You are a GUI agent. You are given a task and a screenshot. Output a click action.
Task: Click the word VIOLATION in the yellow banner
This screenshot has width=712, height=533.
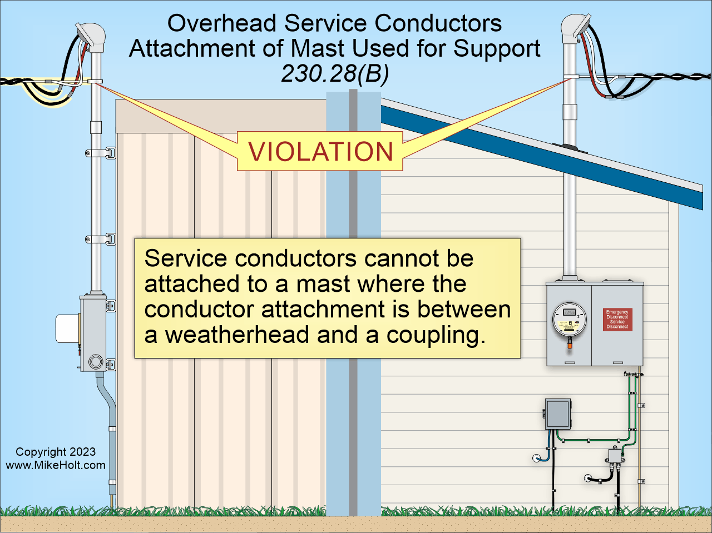[x=320, y=152]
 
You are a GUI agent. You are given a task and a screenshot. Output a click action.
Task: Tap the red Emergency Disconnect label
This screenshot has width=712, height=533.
[x=617, y=320]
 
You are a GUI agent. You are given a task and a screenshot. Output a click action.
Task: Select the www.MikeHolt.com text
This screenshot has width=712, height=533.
[x=56, y=465]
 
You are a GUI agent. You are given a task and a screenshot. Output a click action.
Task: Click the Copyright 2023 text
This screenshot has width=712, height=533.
[x=56, y=452]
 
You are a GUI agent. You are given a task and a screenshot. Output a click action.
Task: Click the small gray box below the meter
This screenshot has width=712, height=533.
[x=558, y=414]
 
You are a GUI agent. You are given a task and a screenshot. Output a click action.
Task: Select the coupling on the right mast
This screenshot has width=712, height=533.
[x=570, y=110]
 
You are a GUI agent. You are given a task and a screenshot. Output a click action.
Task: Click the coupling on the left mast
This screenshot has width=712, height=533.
[x=96, y=127]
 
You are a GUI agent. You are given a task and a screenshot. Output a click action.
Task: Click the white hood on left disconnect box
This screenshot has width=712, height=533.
[x=67, y=328]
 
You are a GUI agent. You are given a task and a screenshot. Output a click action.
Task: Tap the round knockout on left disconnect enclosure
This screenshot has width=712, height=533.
[x=95, y=362]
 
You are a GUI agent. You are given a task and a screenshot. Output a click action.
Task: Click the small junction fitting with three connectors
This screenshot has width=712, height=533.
[x=615, y=457]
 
